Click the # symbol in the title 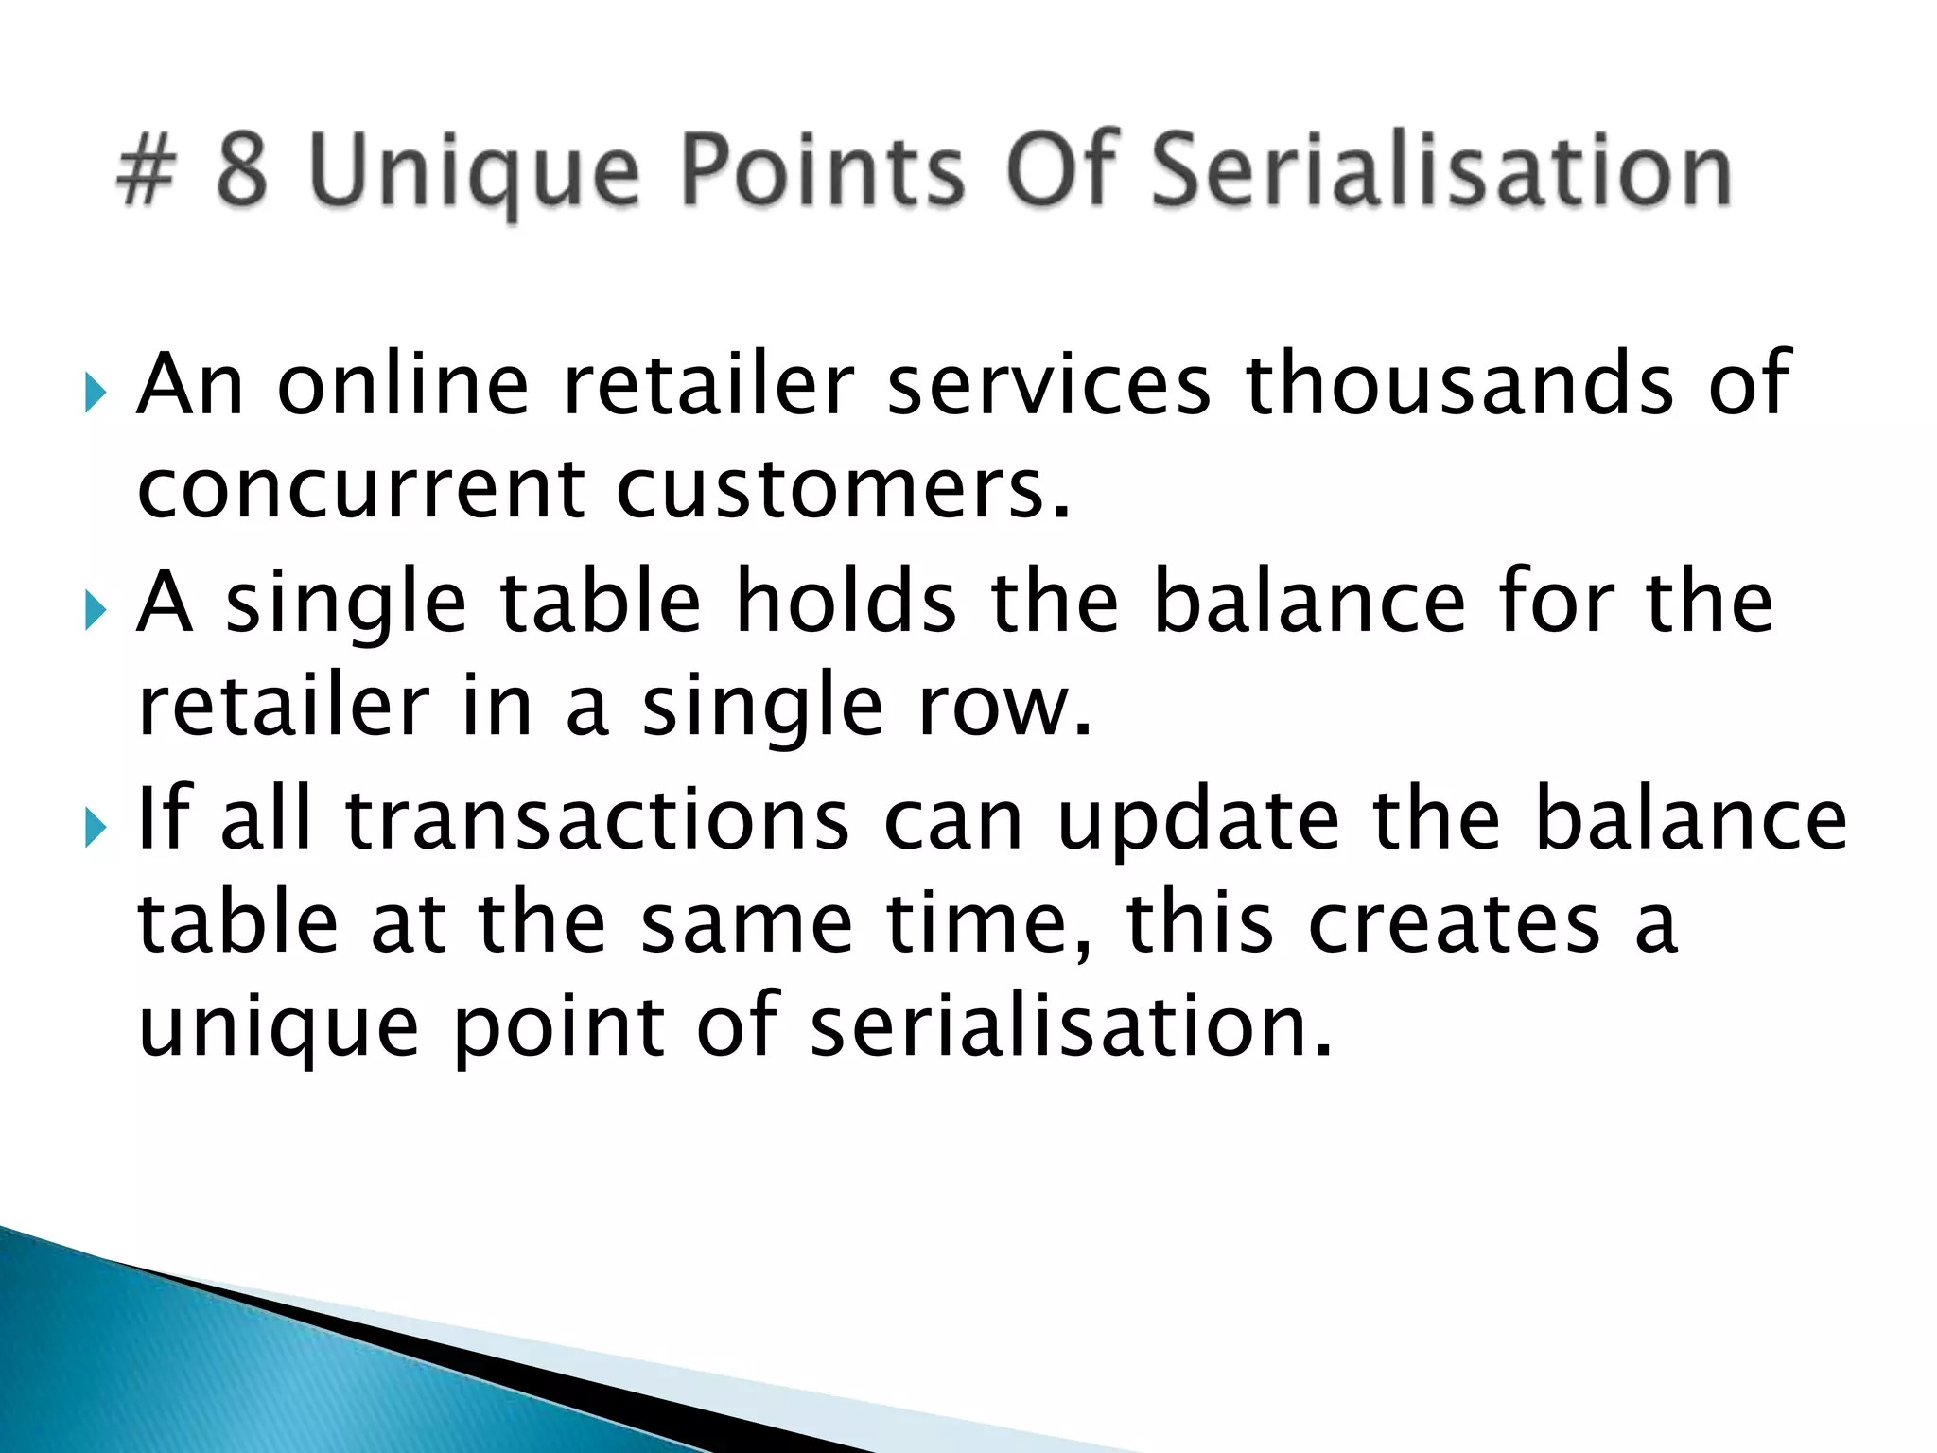coord(146,171)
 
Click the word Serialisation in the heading coord(1440,171)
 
